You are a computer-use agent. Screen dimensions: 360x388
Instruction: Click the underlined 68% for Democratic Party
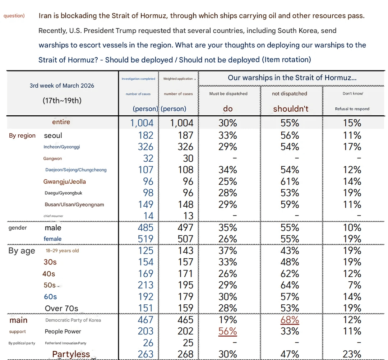tap(290, 320)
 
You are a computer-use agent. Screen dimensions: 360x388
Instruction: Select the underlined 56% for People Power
tap(227, 331)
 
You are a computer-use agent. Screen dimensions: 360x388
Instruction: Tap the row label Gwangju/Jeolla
tap(65, 181)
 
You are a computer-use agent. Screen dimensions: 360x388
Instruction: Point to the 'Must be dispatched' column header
tap(228, 94)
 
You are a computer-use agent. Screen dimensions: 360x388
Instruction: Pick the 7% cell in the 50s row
tap(354, 285)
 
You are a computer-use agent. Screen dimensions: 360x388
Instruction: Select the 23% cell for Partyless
tap(352, 354)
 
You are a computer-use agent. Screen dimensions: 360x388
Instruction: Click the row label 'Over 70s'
tap(61, 308)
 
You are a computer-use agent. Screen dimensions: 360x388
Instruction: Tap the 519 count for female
tap(145, 239)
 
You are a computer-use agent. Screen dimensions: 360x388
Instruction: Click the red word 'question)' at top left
tap(14, 16)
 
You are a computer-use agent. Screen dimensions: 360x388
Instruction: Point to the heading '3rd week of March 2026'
tap(62, 86)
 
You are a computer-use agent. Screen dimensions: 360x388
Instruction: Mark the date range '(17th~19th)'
tap(62, 101)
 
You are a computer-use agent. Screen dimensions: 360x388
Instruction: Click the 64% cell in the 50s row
tap(290, 285)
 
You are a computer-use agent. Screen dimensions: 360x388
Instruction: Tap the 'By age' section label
tap(22, 251)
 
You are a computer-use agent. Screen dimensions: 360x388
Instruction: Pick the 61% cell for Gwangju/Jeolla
tap(290, 181)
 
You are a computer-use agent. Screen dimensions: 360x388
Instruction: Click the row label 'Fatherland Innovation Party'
tap(66, 343)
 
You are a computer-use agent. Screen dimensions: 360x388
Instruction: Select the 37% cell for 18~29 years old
tap(227, 250)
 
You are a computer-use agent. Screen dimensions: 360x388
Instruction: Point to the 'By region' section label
tap(22, 135)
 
